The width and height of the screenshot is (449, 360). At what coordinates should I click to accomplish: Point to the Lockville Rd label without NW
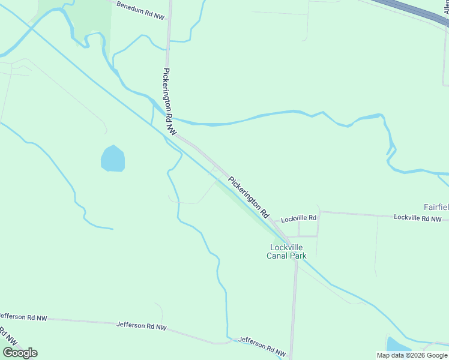coord(298,218)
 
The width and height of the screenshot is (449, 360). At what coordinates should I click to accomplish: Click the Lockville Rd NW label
coord(417,218)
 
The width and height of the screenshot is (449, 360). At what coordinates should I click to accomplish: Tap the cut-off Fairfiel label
coord(436,207)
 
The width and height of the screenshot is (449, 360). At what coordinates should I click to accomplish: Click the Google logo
coord(20,353)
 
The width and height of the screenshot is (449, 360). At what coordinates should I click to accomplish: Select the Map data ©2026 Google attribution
coord(412,355)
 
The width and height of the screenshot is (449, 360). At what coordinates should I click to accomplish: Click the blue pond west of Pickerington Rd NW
coord(113,158)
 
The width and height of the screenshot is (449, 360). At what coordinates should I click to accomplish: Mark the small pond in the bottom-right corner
coord(397,346)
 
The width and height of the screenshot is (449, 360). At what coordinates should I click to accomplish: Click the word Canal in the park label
coord(278,256)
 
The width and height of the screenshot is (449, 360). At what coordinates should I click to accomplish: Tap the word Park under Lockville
coord(298,256)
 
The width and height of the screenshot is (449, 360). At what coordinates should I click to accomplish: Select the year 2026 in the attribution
coord(418,355)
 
